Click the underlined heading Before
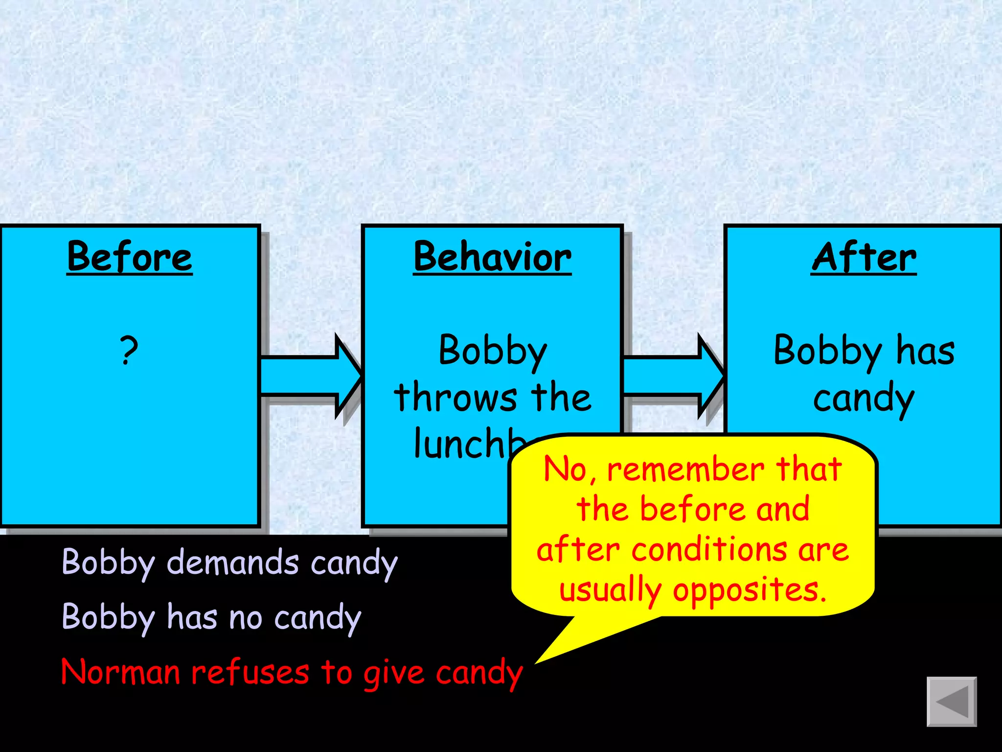[x=130, y=257]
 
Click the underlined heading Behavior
[x=492, y=257]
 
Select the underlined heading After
[x=864, y=257]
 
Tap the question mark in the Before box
[x=129, y=350]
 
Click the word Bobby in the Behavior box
[x=493, y=351]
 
